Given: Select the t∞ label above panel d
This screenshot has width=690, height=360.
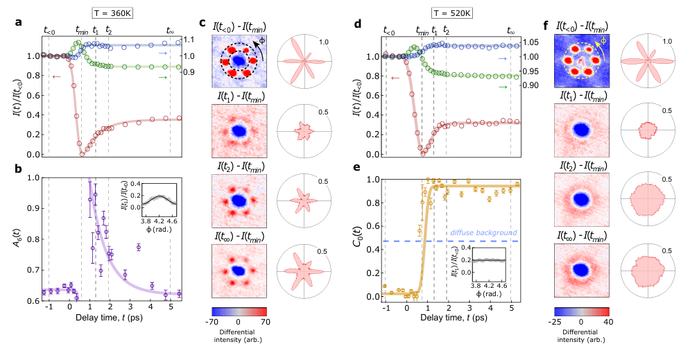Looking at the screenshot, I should (x=511, y=31).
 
